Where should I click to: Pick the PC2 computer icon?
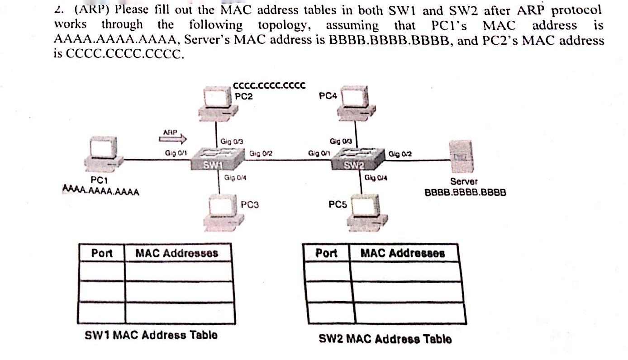click(217, 103)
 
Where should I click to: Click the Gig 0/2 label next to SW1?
click(261, 154)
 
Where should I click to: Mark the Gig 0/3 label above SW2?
click(341, 141)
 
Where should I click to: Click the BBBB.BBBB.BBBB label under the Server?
click(465, 192)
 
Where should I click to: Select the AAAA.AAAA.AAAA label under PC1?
click(101, 191)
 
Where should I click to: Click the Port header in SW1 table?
click(102, 253)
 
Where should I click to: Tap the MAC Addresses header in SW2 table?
click(403, 253)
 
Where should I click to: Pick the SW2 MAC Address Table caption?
click(385, 339)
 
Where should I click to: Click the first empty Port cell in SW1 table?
click(102, 272)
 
